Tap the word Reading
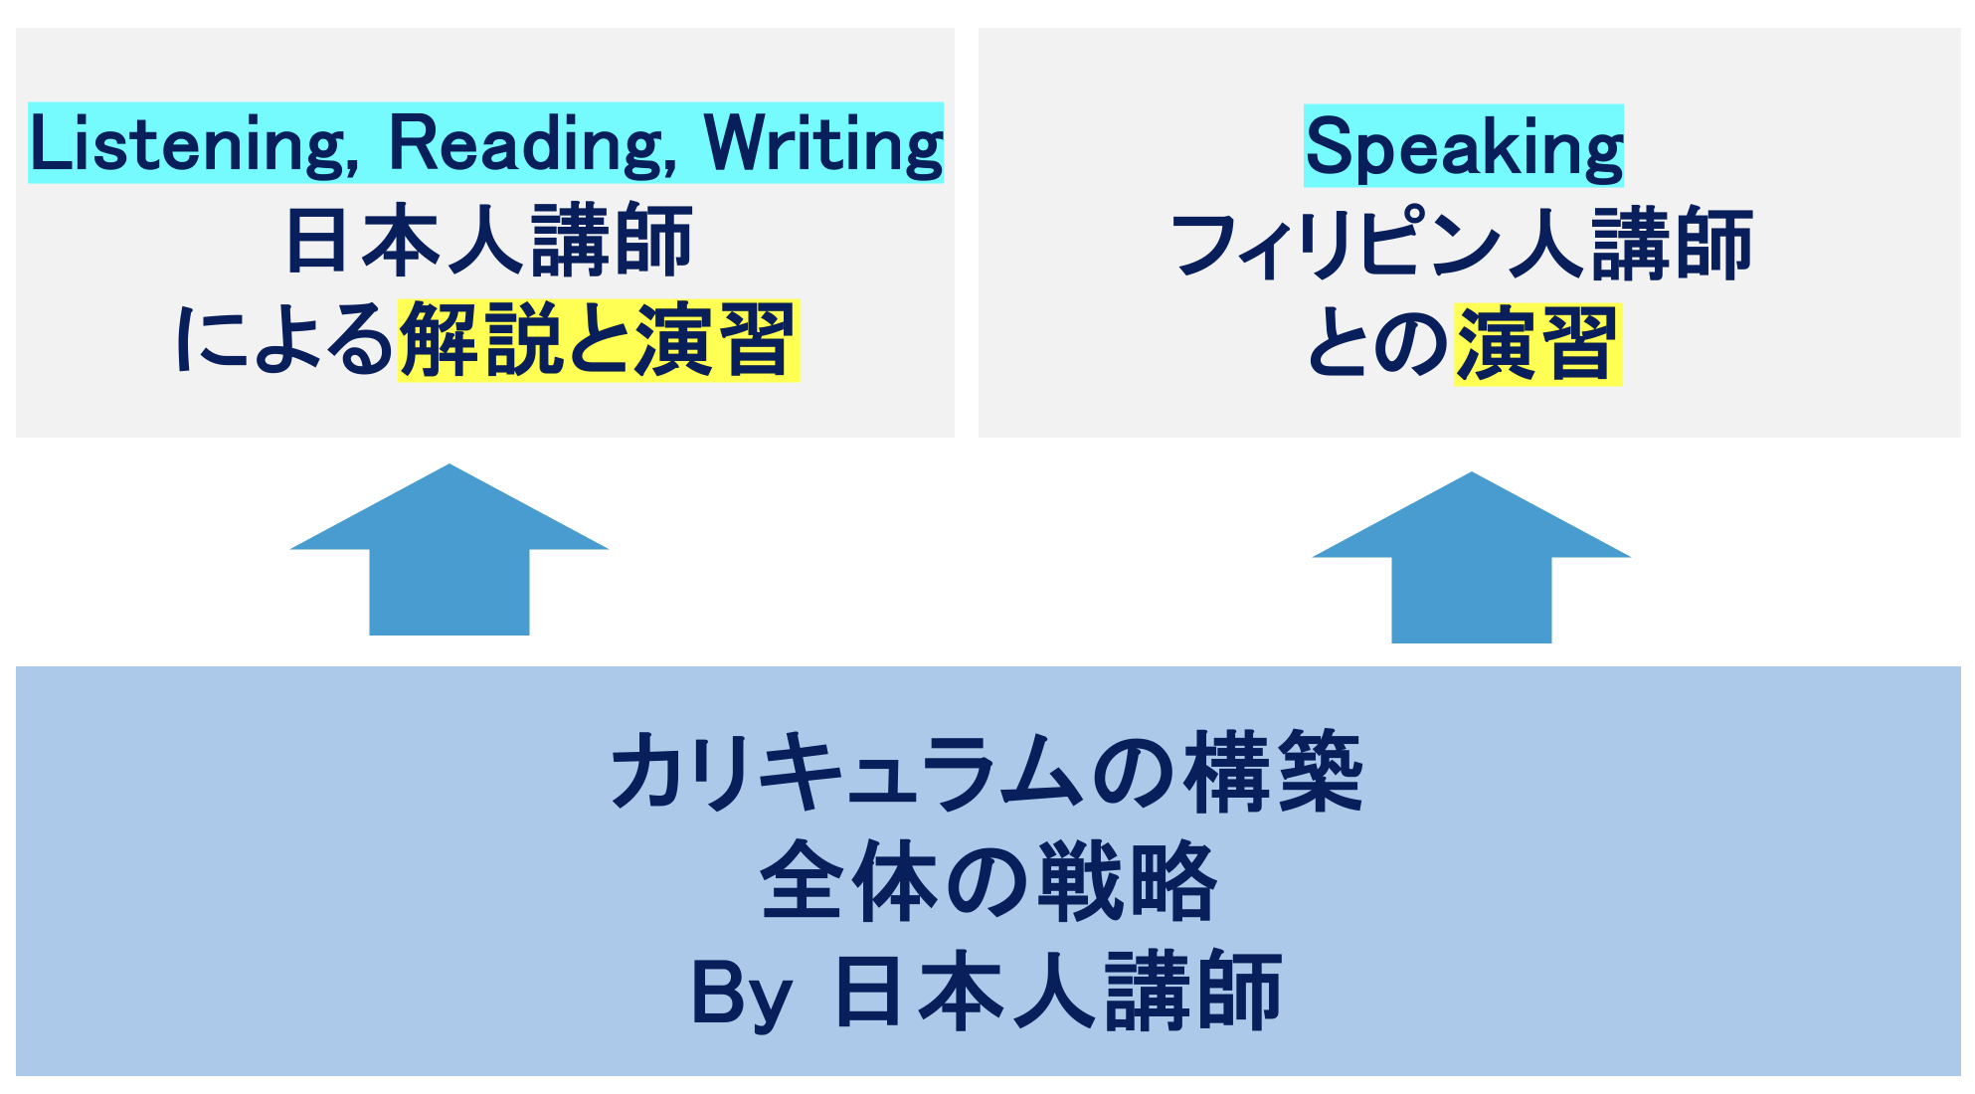[x=533, y=145]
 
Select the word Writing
[x=823, y=145]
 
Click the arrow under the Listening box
[x=449, y=549]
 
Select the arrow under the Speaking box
[x=1472, y=557]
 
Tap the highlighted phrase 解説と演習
[x=599, y=340]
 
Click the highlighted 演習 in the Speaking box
[x=1537, y=344]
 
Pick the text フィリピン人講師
[x=1462, y=245]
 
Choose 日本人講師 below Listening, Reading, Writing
[x=488, y=241]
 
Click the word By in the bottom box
[x=741, y=994]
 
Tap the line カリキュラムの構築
[x=987, y=772]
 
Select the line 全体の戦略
[x=988, y=881]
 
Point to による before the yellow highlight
[x=285, y=340]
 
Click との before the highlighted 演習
[x=1378, y=344]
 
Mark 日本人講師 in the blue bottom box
[x=1058, y=992]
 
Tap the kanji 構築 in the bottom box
[x=1274, y=772]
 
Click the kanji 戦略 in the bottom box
[x=1128, y=881]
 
